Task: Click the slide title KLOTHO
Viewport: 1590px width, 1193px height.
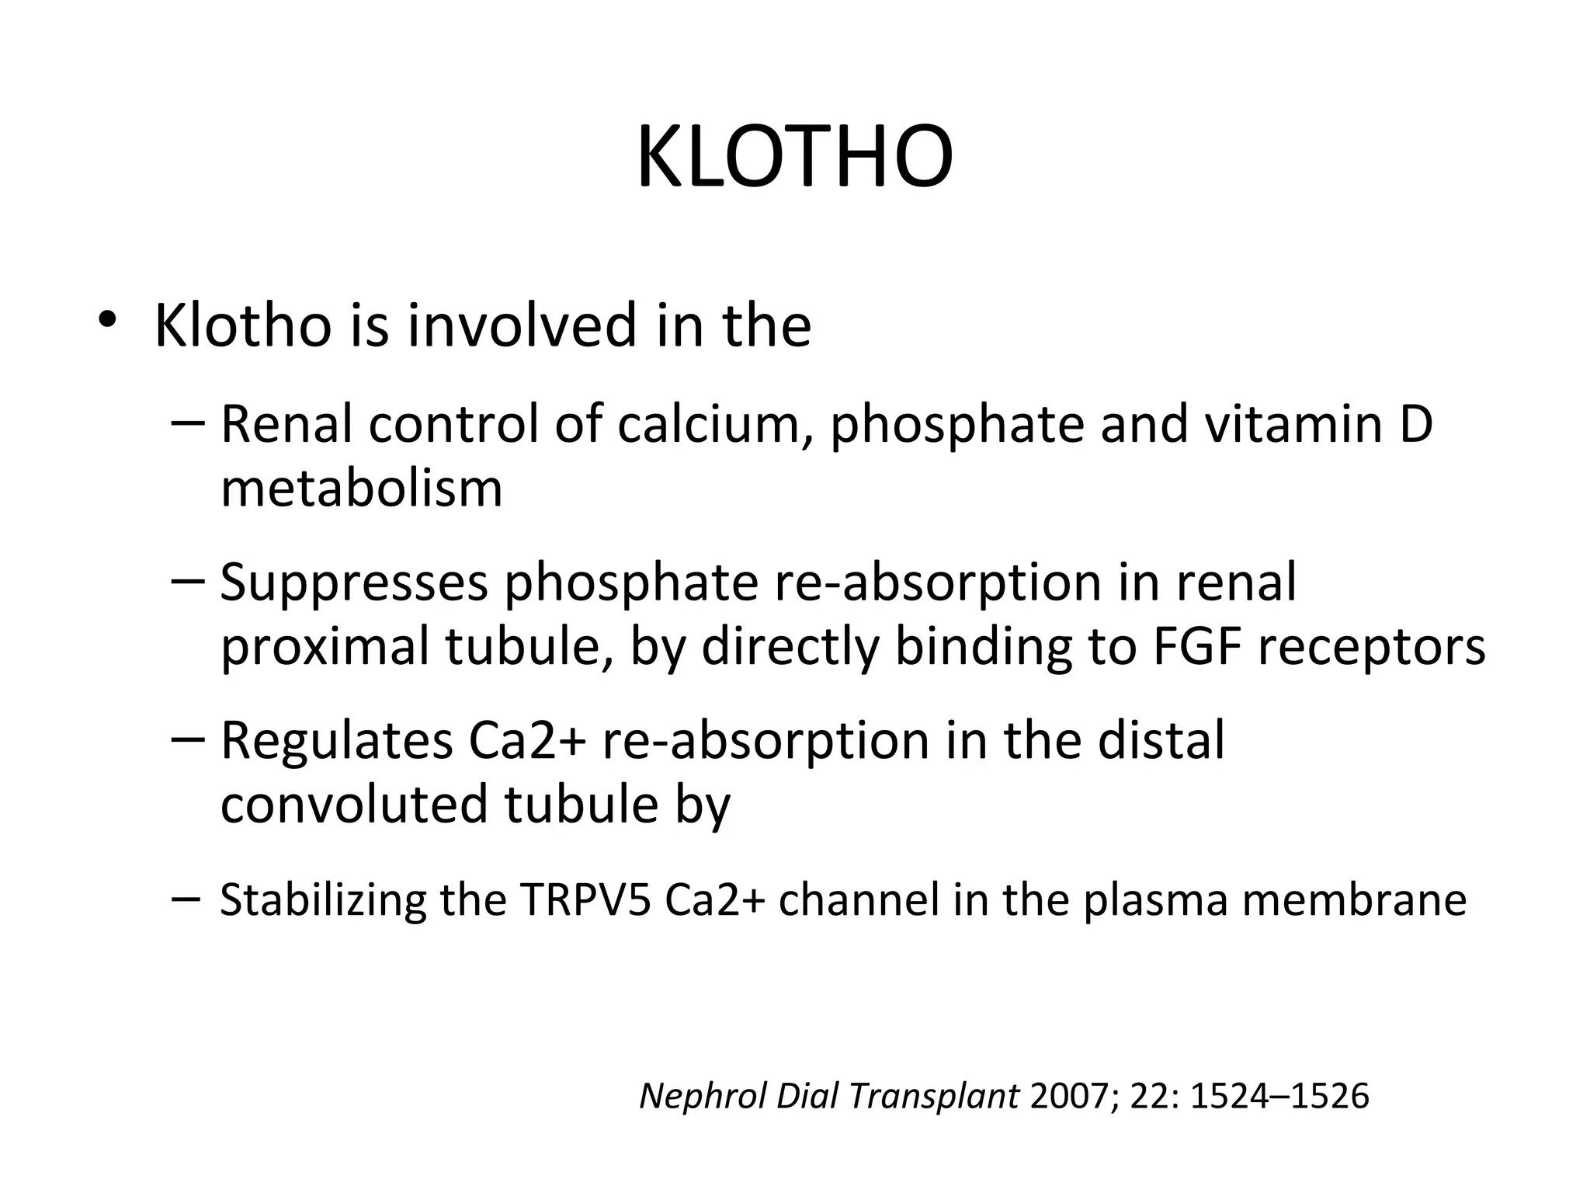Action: [794, 158]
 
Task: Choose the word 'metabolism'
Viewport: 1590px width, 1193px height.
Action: [361, 489]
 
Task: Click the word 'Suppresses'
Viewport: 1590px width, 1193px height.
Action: [354, 583]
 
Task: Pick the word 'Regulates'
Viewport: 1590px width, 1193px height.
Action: [337, 740]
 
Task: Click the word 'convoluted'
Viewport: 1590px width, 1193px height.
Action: [354, 805]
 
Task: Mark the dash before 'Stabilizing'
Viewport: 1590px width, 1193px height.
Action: [186, 898]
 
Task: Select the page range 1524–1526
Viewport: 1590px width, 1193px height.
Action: [1279, 1096]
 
